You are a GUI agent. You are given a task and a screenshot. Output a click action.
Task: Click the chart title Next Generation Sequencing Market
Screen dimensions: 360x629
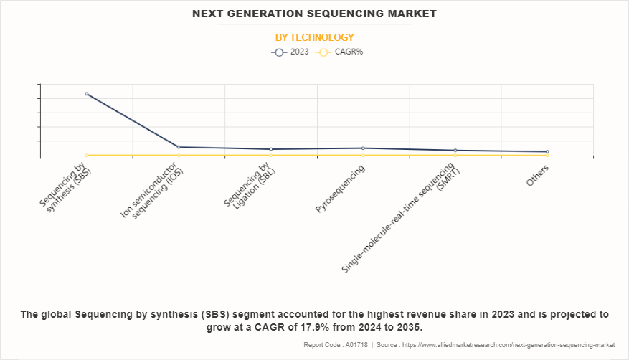(x=314, y=14)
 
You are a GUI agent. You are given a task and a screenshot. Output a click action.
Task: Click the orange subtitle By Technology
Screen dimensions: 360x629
(x=314, y=37)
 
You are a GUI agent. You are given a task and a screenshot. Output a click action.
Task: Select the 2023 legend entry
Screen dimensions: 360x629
(x=290, y=52)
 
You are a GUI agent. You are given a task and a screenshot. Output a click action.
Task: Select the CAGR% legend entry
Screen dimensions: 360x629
(x=340, y=52)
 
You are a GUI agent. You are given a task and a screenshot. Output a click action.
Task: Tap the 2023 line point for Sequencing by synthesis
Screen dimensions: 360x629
(x=87, y=94)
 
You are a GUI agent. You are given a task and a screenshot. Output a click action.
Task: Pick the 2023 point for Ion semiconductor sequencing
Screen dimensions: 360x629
(x=179, y=147)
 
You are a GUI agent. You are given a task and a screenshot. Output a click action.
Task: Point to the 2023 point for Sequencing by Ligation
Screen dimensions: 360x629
(x=270, y=149)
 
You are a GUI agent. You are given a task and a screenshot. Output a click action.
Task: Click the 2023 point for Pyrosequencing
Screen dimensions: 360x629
(x=363, y=148)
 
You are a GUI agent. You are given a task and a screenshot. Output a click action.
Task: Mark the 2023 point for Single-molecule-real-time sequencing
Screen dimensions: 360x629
(x=455, y=151)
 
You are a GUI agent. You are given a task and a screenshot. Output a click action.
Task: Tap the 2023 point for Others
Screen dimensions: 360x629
(x=547, y=152)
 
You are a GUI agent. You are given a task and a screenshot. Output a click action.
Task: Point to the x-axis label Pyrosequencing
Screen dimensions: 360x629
(x=341, y=189)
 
